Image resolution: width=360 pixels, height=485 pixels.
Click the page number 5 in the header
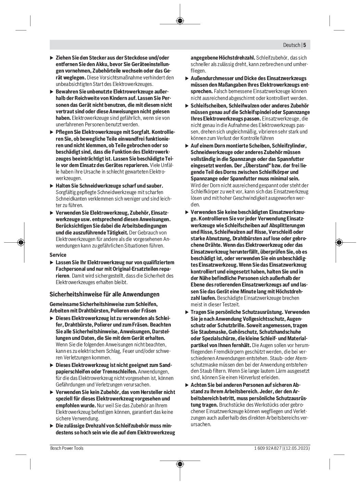coord(305,45)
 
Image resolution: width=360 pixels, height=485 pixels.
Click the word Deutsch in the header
coord(291,45)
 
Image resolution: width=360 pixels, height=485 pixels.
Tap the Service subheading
coord(58,255)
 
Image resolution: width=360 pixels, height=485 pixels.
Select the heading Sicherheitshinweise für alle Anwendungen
coord(104,294)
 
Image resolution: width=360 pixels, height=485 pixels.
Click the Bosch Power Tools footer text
coord(67,448)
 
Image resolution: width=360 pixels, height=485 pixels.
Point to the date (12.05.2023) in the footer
coord(297,448)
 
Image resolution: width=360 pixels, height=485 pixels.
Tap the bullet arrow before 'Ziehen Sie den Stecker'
coord(52,58)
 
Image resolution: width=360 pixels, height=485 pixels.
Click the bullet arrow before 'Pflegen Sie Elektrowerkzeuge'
coord(52,132)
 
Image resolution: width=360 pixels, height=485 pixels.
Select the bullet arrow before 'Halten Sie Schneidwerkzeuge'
coord(52,186)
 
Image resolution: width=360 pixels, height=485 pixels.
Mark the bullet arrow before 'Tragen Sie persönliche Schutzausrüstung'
coord(187,312)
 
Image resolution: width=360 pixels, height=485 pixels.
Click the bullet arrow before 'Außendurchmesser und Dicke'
coord(187,78)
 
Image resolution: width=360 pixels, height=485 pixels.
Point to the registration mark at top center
coord(180,21)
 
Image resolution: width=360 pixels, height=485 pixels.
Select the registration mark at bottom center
coord(180,464)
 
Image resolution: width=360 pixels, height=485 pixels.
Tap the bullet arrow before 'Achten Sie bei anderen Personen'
coord(187,385)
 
